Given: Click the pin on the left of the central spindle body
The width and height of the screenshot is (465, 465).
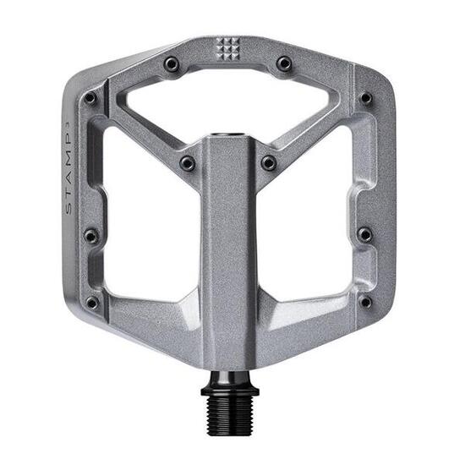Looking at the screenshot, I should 186,161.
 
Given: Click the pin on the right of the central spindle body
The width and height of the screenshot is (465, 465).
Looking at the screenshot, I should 269,161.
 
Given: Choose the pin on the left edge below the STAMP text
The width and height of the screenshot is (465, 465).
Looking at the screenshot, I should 90,236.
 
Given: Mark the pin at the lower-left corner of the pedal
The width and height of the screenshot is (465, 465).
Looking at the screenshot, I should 91,302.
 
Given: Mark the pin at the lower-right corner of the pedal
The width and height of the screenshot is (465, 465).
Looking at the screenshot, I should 365,302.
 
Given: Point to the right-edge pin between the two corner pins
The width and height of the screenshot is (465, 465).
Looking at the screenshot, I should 364,234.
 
